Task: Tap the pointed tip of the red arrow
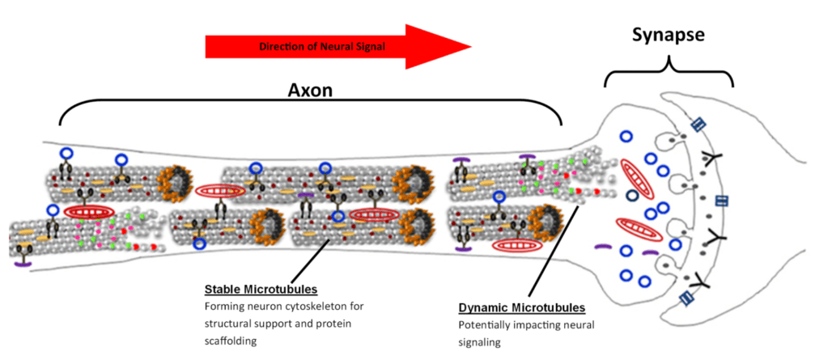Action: [x=469, y=46]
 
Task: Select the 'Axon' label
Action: [x=310, y=91]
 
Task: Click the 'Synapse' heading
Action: [x=669, y=36]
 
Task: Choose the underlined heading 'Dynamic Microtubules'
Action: [x=522, y=308]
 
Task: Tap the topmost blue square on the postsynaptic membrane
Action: [x=698, y=125]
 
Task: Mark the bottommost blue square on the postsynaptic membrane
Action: [x=687, y=299]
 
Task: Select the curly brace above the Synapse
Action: [x=669, y=69]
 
